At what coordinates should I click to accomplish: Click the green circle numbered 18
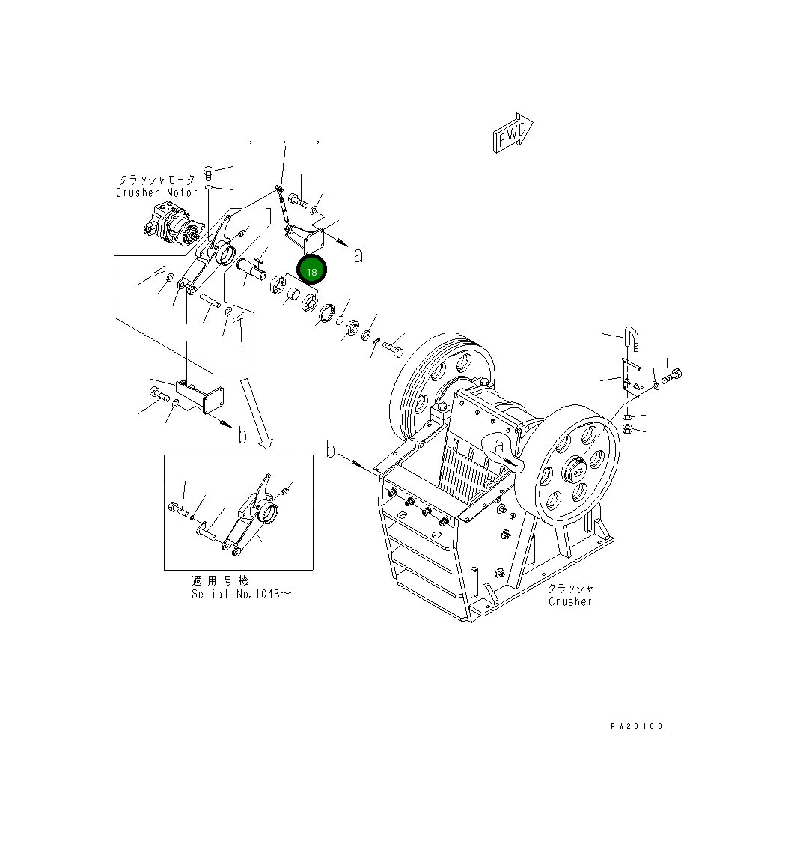click(x=311, y=270)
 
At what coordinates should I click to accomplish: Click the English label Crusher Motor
click(x=156, y=192)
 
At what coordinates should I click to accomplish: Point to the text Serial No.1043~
click(x=241, y=594)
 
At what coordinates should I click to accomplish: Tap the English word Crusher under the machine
click(x=569, y=601)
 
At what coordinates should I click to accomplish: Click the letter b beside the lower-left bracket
click(x=242, y=435)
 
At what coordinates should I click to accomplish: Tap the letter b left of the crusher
click(x=331, y=449)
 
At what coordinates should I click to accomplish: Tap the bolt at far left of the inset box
click(x=176, y=509)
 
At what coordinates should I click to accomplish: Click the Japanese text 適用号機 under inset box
click(x=219, y=580)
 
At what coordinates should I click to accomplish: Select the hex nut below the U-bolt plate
click(x=629, y=430)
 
